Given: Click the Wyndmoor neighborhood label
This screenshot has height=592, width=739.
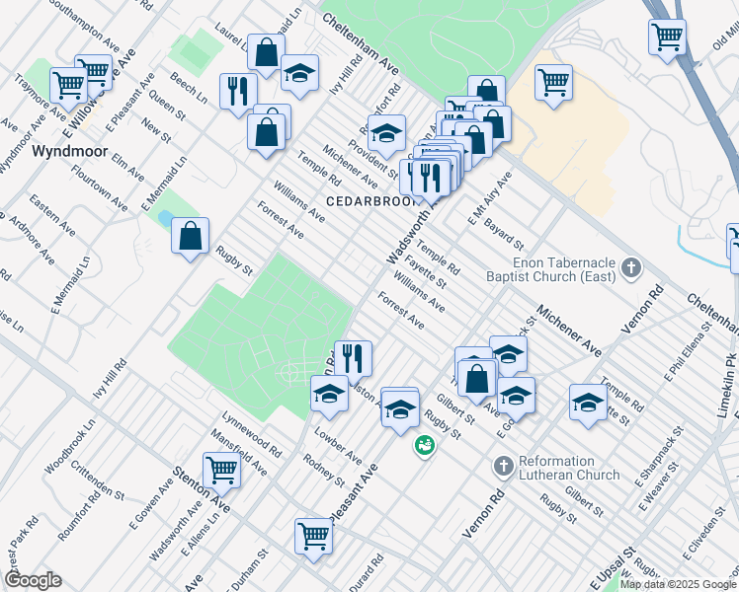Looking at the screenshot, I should (67, 152).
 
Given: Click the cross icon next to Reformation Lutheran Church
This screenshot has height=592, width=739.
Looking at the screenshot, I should (503, 465).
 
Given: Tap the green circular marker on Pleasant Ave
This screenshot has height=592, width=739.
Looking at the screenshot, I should (425, 446).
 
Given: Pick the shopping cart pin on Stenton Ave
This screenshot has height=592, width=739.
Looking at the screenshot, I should (221, 473).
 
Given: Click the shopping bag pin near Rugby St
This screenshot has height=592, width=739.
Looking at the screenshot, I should (190, 237).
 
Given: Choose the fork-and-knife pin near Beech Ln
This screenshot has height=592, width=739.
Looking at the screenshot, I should (237, 93).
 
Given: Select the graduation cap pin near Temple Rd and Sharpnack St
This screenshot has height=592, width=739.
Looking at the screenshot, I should (588, 404).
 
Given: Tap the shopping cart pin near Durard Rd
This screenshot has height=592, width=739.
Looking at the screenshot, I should (313, 538).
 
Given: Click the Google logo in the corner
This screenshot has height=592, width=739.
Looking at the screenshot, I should (33, 580).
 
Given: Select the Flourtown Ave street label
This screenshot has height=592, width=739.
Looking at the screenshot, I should (99, 187).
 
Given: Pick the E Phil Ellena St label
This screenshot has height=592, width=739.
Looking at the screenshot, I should (692, 350).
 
